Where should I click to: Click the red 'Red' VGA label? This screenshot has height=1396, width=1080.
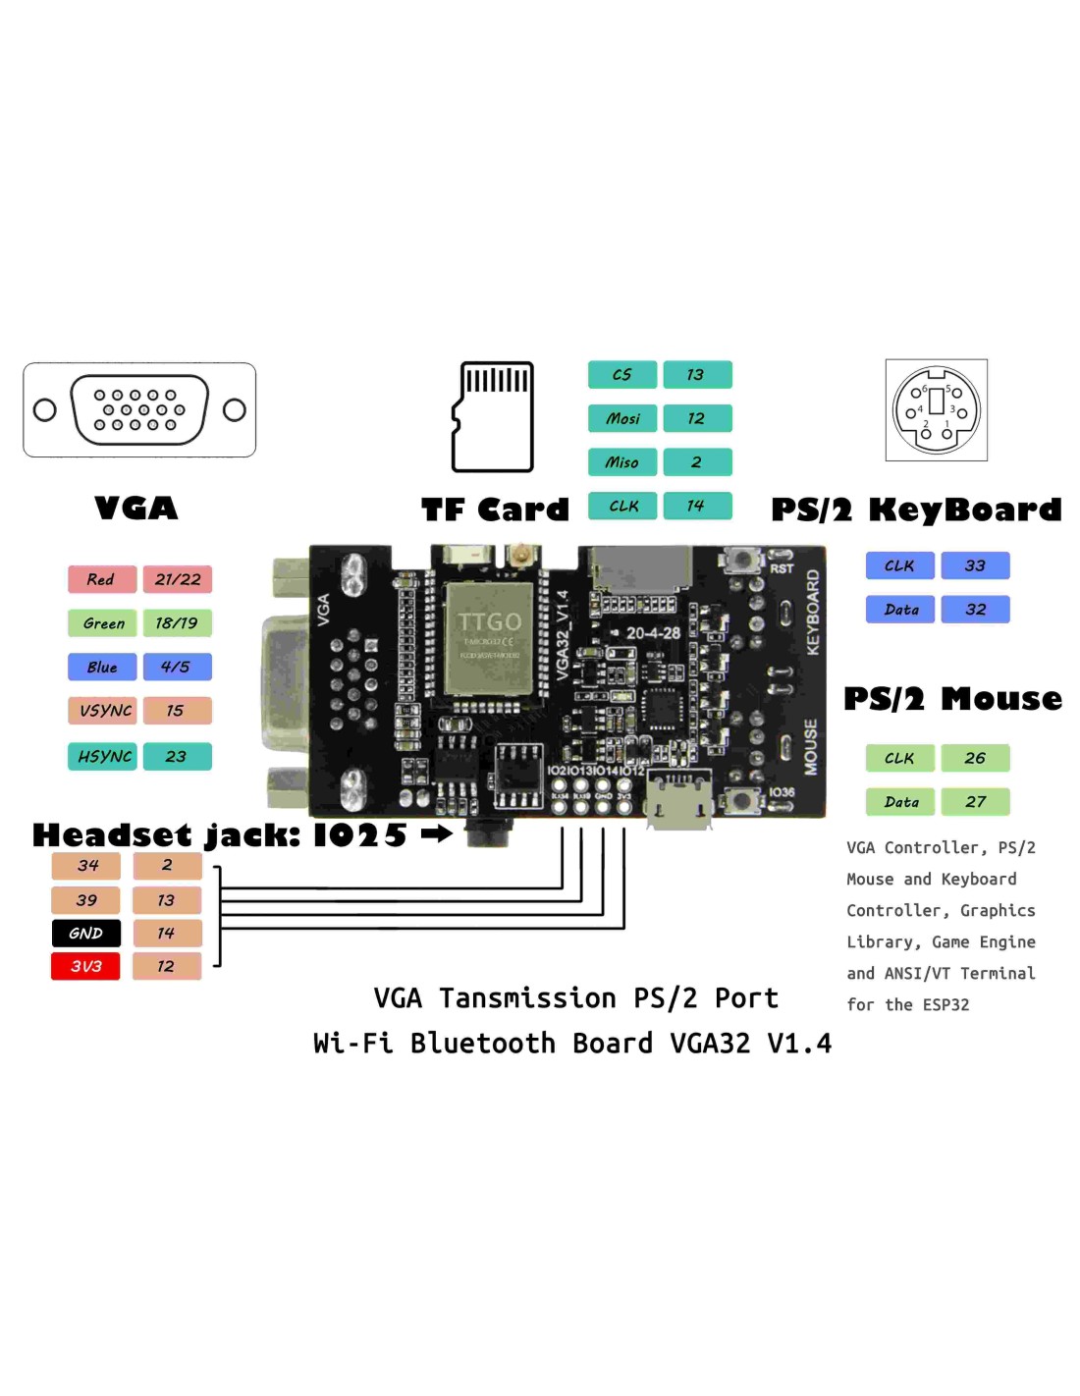(102, 579)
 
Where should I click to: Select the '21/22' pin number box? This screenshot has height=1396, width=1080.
(178, 579)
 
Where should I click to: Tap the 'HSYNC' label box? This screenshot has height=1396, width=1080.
(103, 756)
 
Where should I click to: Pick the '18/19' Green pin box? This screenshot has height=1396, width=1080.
(178, 622)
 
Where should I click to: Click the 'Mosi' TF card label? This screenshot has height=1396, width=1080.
(622, 418)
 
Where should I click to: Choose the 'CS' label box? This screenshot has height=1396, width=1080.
(622, 374)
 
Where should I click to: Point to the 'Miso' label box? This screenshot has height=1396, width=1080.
(622, 461)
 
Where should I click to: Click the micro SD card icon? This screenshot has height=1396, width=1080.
(493, 417)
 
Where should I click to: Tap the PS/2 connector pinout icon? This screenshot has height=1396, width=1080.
(936, 409)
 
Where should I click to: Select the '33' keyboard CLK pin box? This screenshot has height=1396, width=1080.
(975, 565)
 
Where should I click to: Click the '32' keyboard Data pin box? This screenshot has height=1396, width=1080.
(975, 609)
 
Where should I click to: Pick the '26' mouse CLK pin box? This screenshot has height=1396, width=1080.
(975, 758)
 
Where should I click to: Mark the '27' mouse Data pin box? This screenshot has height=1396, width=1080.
(975, 801)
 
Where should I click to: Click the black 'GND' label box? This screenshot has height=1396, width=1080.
(86, 933)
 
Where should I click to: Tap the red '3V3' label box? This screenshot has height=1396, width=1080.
(86, 966)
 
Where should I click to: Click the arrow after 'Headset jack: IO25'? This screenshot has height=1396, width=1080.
(437, 833)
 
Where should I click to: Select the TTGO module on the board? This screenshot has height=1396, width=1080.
(489, 638)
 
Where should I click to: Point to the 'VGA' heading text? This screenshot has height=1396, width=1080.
(136, 508)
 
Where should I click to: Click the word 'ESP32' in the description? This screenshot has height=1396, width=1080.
(945, 1004)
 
